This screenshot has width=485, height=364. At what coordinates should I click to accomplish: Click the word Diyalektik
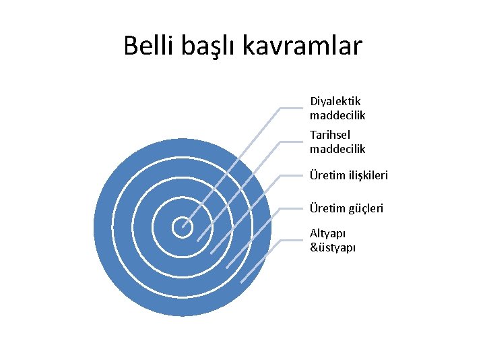[x=335, y=101]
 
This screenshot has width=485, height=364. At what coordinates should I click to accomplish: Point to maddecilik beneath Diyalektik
[x=337, y=115]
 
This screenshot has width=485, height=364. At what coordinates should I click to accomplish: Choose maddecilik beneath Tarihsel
[x=337, y=149]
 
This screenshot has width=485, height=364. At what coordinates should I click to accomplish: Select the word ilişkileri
[x=368, y=176]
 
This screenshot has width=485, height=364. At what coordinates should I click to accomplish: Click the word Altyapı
[x=327, y=233]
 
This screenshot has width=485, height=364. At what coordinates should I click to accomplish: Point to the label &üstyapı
[x=333, y=247]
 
